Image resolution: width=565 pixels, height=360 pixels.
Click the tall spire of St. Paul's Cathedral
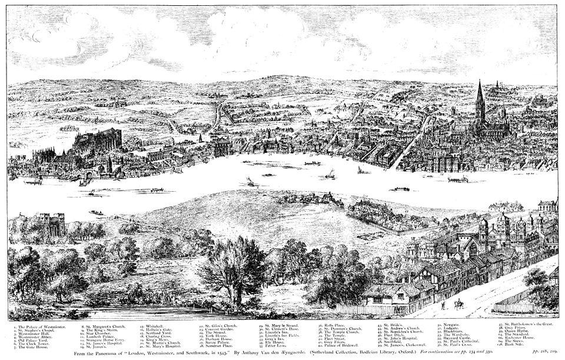[479, 100]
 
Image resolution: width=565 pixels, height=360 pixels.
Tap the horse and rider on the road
[458, 304]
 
